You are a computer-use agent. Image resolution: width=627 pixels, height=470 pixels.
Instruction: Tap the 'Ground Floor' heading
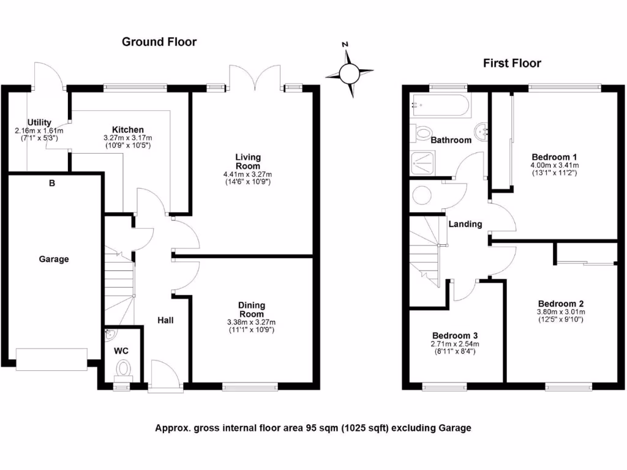pyautogui.click(x=159, y=42)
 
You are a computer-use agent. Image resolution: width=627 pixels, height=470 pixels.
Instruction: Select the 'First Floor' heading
pyautogui.click(x=512, y=63)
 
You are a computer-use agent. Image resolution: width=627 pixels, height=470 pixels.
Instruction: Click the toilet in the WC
pyautogui.click(x=124, y=369)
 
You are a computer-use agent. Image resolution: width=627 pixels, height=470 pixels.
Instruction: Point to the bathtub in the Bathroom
pyautogui.click(x=441, y=105)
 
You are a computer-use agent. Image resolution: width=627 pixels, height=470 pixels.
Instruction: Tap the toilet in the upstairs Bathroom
pyautogui.click(x=422, y=132)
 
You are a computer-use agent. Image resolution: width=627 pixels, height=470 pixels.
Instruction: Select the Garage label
pyautogui.click(x=54, y=259)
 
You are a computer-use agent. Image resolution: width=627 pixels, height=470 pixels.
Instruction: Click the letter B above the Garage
pyautogui.click(x=52, y=182)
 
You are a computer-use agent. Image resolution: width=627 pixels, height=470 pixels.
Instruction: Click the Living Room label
pyautogui.click(x=248, y=162)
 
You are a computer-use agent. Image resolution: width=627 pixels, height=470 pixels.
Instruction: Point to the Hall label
pyautogui.click(x=165, y=319)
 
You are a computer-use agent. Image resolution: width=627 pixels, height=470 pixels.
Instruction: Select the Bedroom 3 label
pyautogui.click(x=455, y=336)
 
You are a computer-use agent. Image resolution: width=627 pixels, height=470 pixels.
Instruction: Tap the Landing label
pyautogui.click(x=465, y=224)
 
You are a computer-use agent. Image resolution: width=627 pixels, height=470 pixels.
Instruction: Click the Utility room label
pyautogui.click(x=39, y=122)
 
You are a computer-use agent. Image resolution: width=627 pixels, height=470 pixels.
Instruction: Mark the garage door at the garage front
pyautogui.click(x=52, y=359)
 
